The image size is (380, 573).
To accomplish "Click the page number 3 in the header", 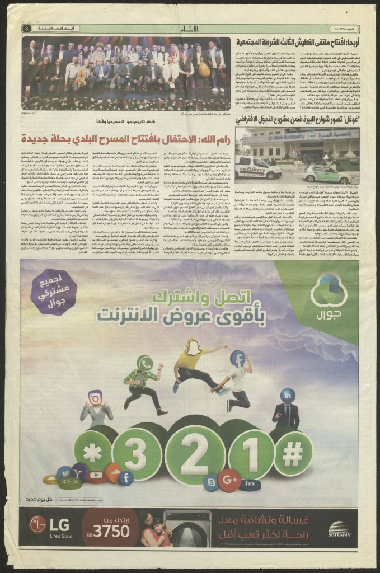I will [26, 28].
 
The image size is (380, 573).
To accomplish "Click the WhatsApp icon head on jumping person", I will [144, 363].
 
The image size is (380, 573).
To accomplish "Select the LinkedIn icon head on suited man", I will [288, 396].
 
